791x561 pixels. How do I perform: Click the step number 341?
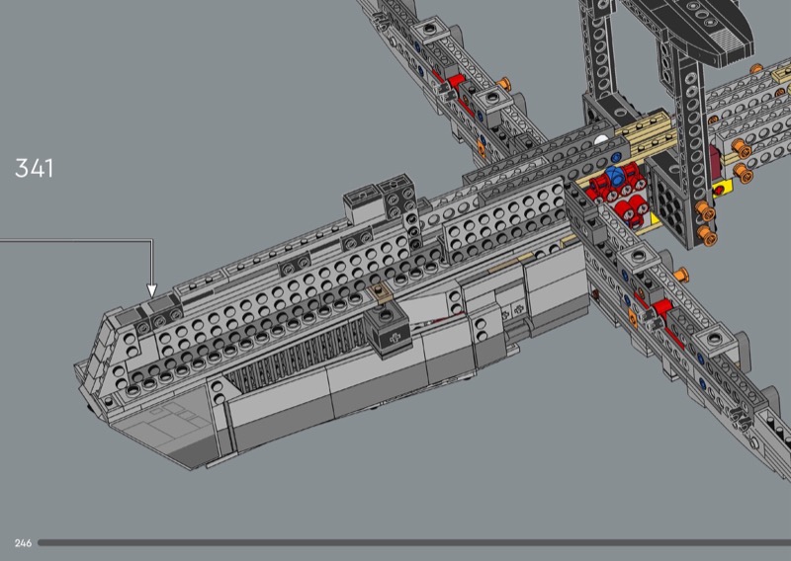click(x=34, y=168)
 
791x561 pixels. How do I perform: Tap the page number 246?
click(x=23, y=543)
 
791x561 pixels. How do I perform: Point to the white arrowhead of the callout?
click(x=151, y=290)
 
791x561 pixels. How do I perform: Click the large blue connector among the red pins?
click(x=614, y=177)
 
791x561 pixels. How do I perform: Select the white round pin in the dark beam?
click(x=600, y=141)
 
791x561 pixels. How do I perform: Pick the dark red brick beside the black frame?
click(x=715, y=157)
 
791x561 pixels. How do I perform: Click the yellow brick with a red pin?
click(x=723, y=189)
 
